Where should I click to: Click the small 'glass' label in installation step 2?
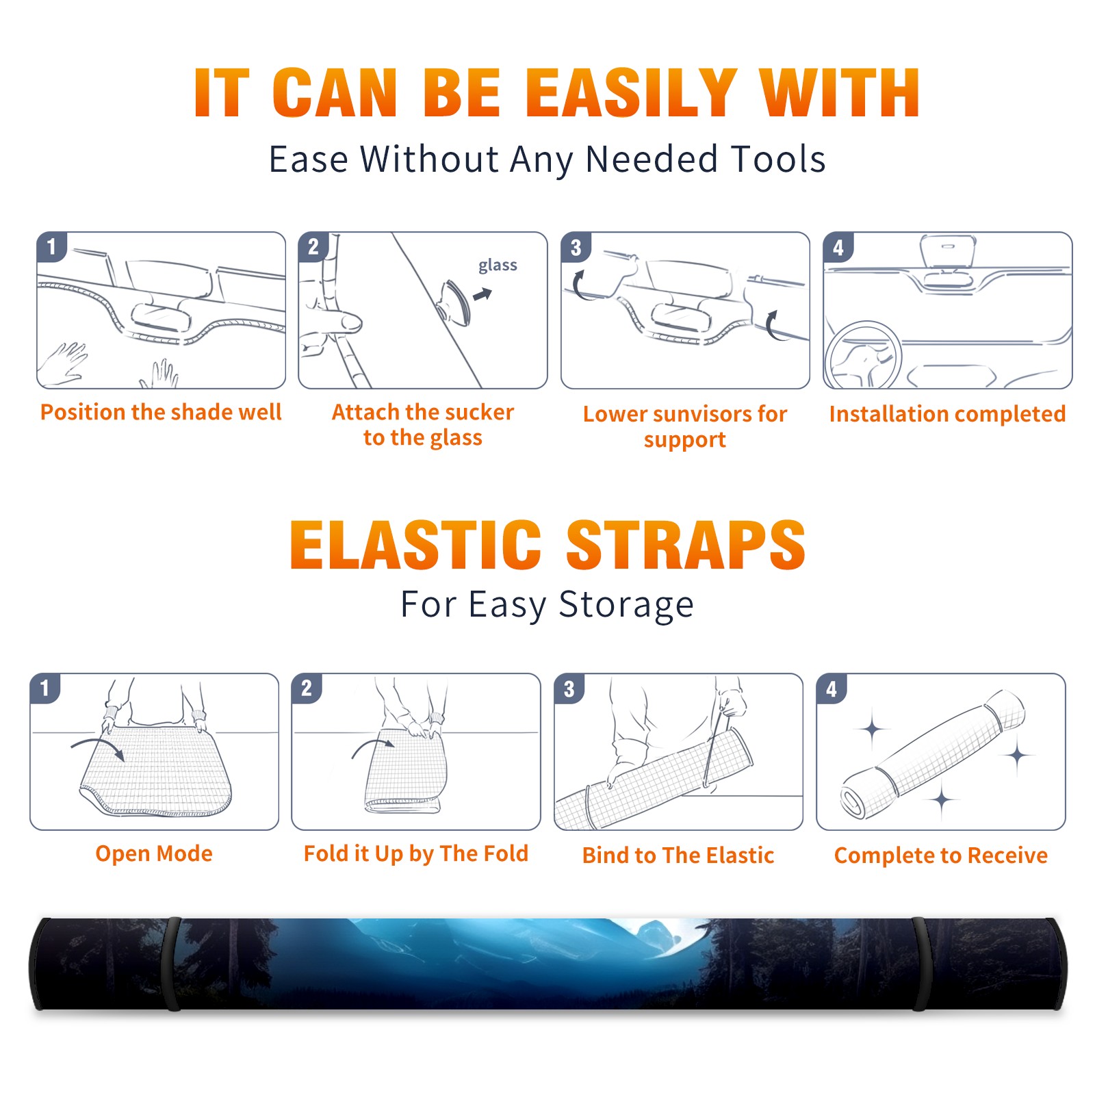click(498, 266)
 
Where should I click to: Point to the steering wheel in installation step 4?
click(862, 356)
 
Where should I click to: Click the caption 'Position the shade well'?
click(161, 412)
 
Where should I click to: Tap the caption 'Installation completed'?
click(947, 413)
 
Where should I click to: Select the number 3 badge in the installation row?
click(575, 248)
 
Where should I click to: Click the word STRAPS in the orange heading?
click(686, 545)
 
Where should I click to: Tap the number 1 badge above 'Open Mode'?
click(45, 688)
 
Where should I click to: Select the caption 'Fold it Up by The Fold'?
click(416, 853)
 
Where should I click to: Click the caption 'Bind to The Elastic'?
click(678, 855)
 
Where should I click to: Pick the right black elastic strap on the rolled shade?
click(920, 964)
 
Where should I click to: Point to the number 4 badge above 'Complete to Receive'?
click(832, 688)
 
